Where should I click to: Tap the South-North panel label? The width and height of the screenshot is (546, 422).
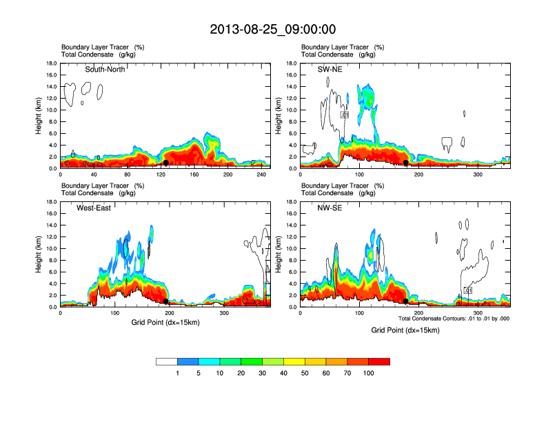click(105, 69)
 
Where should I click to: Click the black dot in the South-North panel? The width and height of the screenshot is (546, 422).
click(166, 163)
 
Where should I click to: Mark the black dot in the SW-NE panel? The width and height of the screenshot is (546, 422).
click(406, 163)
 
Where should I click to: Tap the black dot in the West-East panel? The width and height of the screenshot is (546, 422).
click(166, 301)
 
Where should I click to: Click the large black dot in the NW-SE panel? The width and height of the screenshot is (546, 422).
click(406, 301)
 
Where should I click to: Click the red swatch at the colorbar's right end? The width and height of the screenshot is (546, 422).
click(379, 361)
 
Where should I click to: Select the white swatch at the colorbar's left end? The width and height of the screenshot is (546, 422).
click(167, 361)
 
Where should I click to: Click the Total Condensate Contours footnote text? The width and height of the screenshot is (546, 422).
click(454, 319)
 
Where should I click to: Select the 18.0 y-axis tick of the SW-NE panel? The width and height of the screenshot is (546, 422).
click(292, 63)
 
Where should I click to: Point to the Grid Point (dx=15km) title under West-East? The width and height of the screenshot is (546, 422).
click(165, 323)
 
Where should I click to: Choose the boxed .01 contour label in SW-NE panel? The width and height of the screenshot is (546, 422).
click(345, 114)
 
